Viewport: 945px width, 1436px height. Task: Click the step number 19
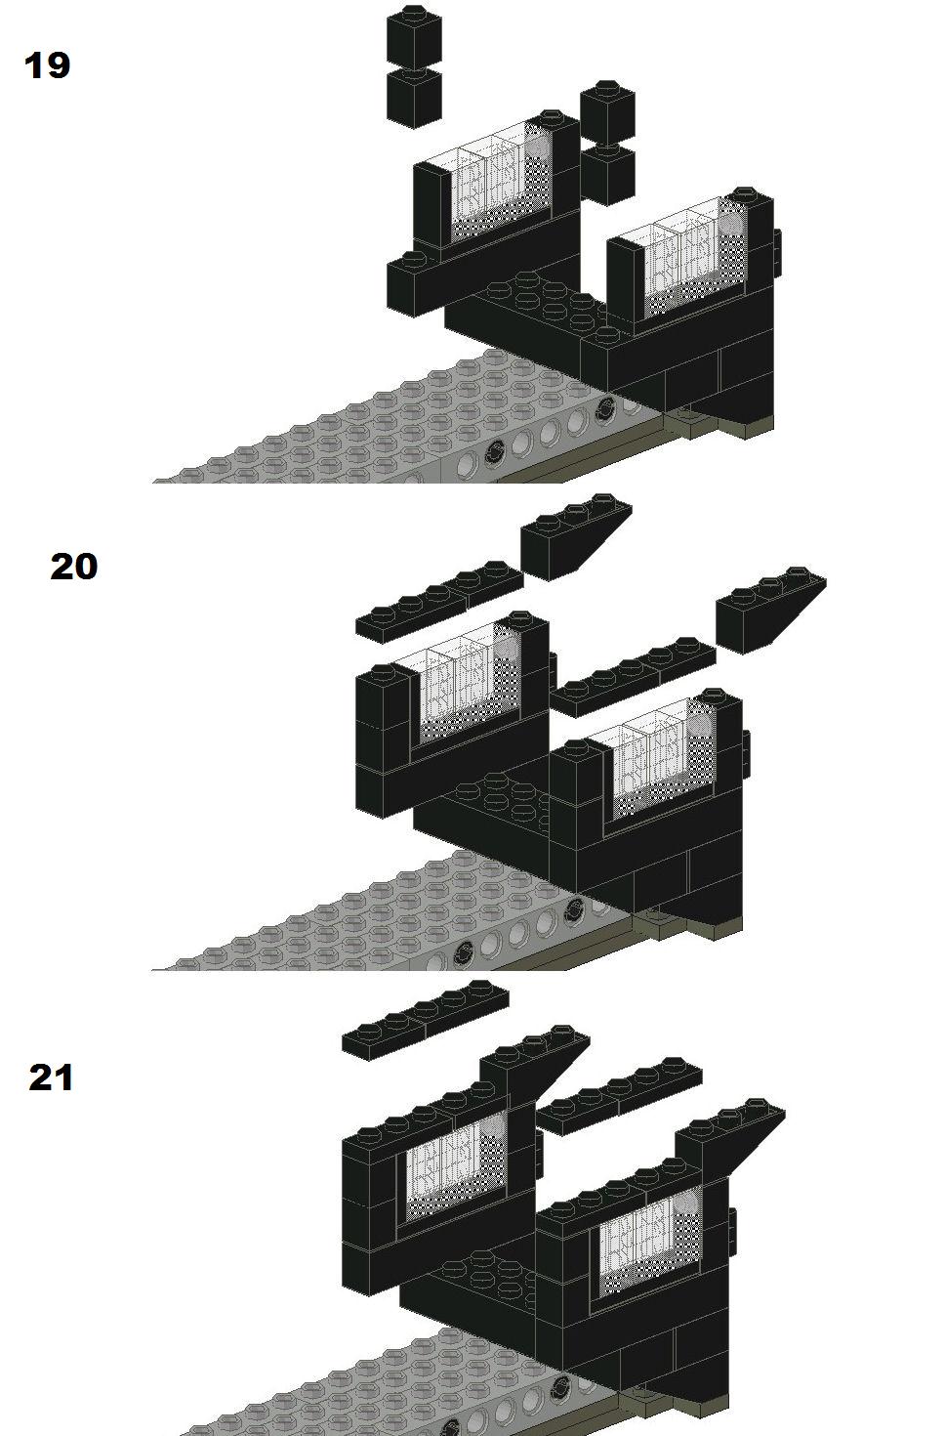[48, 66]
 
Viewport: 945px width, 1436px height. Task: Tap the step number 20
[73, 567]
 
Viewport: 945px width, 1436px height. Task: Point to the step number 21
[52, 1077]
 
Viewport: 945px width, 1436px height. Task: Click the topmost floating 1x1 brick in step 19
[414, 34]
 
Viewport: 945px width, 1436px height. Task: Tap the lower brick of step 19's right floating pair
[607, 174]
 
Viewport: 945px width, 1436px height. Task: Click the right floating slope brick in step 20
[770, 611]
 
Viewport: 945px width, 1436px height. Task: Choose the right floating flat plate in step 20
[633, 677]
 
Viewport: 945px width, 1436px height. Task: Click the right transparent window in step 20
[663, 760]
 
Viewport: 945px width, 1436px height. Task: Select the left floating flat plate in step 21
[426, 1020]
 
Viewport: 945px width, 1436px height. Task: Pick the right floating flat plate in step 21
[619, 1096]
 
